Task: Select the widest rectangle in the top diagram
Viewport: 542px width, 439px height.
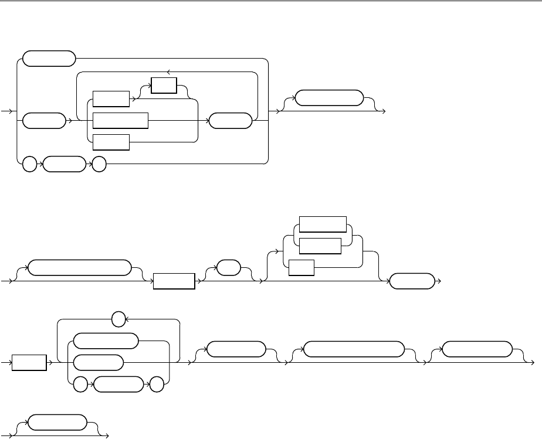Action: pos(121,120)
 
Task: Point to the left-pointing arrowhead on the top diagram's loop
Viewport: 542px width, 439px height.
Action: pos(169,72)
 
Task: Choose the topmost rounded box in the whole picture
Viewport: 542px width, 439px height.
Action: pos(49,59)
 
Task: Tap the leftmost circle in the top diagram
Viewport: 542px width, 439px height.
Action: pos(29,165)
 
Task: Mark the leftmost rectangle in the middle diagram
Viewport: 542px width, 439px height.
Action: pos(174,281)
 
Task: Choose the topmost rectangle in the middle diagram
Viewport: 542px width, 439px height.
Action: pos(322,224)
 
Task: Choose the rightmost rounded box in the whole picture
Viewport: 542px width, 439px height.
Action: pos(476,348)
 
